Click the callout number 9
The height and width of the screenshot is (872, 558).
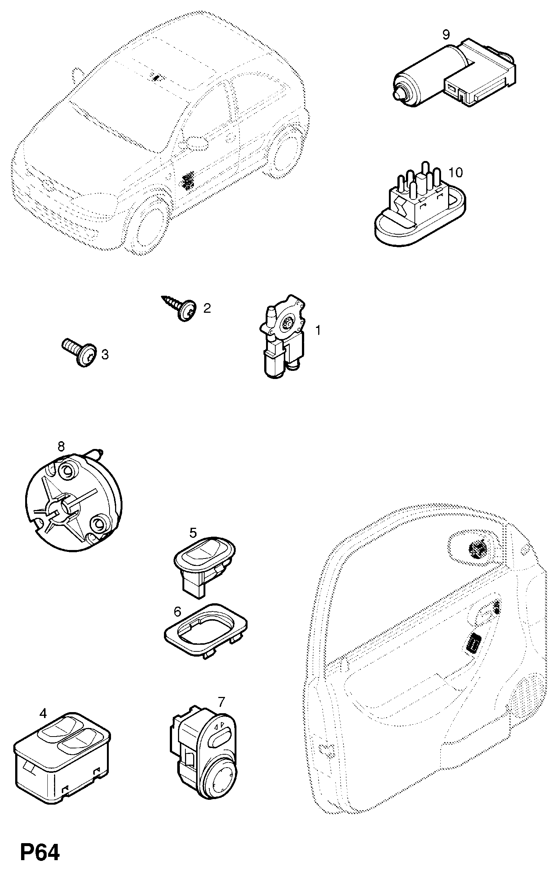tap(446, 35)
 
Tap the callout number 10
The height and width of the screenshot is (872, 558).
tap(456, 172)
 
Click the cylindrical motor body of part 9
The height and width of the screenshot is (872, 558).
tap(426, 76)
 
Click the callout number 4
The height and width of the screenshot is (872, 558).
tap(43, 714)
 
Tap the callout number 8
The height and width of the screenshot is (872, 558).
tap(61, 447)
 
